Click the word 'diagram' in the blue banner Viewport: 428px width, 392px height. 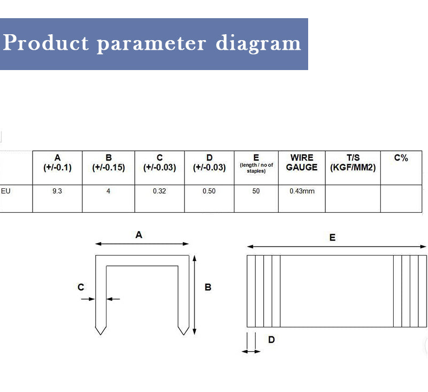(258, 43)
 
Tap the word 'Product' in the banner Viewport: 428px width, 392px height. (45, 42)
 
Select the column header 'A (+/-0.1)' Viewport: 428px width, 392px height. (57, 163)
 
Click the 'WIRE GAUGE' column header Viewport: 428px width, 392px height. (302, 163)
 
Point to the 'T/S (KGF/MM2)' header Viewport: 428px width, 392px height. (353, 163)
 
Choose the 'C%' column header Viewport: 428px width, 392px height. (401, 158)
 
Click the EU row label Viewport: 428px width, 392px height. (5, 191)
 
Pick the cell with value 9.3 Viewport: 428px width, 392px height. (57, 191)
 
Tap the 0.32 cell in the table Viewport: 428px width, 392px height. (159, 191)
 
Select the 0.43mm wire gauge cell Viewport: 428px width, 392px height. (302, 191)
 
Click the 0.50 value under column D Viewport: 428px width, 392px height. (209, 191)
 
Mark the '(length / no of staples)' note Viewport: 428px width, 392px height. (256, 168)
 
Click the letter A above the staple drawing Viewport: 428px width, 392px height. (139, 235)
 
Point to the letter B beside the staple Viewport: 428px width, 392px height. (208, 287)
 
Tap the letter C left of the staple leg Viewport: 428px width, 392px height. (81, 287)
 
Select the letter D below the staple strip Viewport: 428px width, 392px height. (271, 340)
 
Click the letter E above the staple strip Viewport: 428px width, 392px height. (332, 237)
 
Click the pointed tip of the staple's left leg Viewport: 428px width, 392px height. (101, 334)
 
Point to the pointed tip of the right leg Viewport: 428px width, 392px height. (184, 334)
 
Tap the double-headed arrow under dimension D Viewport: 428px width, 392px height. (251, 352)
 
